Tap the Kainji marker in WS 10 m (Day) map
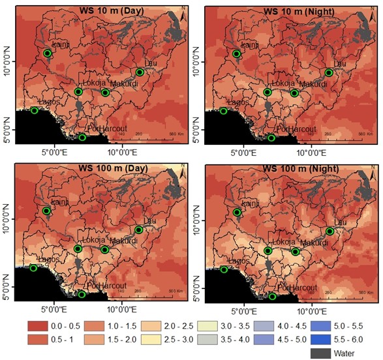[x=47, y=53]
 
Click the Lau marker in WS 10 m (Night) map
[x=329, y=72]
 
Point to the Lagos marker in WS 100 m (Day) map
[x=33, y=268]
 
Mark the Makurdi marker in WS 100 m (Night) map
[x=295, y=252]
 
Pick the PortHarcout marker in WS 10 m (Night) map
[x=272, y=138]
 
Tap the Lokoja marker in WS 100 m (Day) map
[x=78, y=249]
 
